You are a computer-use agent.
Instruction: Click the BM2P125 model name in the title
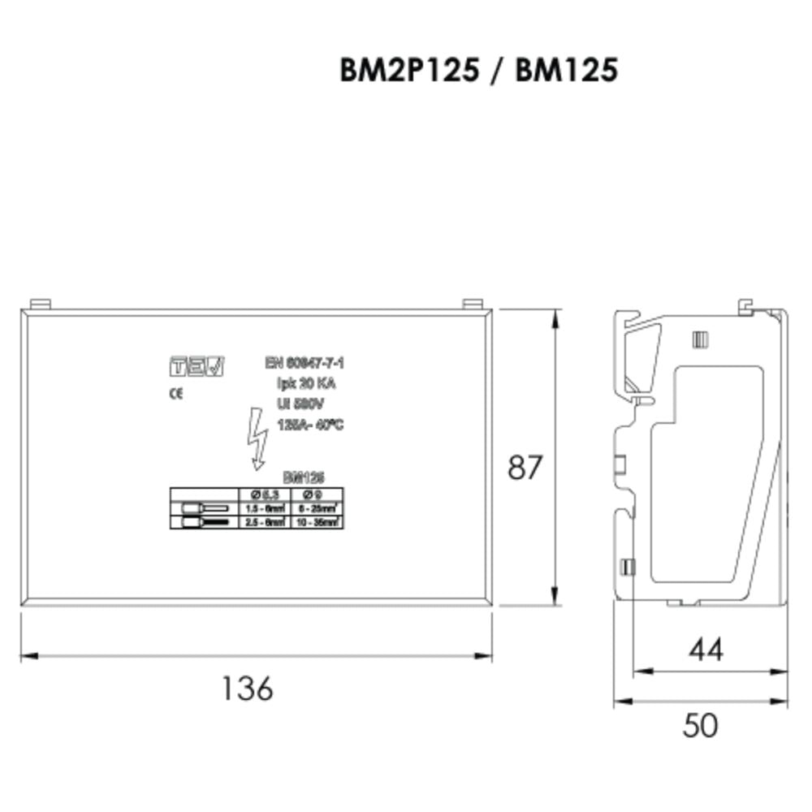pyautogui.click(x=408, y=71)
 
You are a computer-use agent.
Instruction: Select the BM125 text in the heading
pyautogui.click(x=566, y=71)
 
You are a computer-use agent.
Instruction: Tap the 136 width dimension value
pyautogui.click(x=248, y=689)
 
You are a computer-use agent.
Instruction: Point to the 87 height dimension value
pyautogui.click(x=524, y=468)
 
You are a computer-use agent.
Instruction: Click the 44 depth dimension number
pyautogui.click(x=705, y=649)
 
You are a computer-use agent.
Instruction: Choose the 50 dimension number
pyautogui.click(x=700, y=725)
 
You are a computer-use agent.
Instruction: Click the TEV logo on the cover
pyautogui.click(x=197, y=367)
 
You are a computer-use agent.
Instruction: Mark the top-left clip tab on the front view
pyautogui.click(x=40, y=304)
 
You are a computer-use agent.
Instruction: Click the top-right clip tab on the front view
pyautogui.click(x=472, y=304)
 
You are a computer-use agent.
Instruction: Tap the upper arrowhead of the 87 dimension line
pyautogui.click(x=555, y=317)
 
